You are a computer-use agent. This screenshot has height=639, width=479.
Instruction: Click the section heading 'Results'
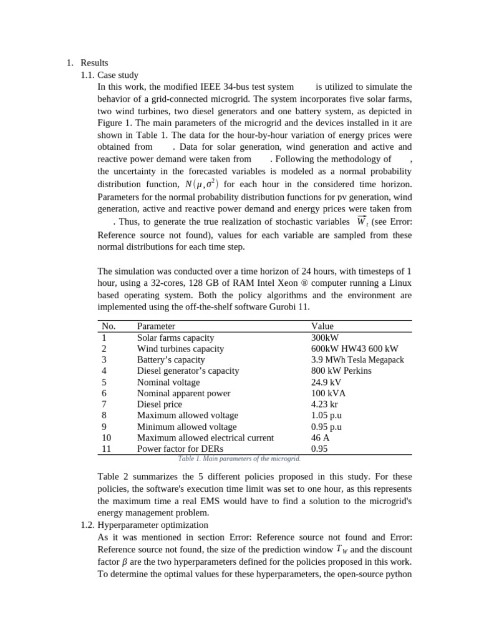94,63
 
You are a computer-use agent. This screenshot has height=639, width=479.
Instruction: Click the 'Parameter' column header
156,326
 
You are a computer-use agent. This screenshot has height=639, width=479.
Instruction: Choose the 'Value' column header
322,326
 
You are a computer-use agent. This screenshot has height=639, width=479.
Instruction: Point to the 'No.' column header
109,326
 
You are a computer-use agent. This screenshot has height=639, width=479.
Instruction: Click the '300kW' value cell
324,338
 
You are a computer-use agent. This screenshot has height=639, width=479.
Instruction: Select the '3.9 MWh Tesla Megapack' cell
357,360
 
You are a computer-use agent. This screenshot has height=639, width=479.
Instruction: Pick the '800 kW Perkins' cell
341,371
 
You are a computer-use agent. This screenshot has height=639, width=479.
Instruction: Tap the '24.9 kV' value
326,382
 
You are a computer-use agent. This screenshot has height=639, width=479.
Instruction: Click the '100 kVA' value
328,393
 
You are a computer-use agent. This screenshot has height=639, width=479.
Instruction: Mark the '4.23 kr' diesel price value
325,404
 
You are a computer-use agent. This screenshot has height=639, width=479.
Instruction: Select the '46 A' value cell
321,438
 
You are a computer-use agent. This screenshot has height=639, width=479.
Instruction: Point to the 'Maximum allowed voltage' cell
187,416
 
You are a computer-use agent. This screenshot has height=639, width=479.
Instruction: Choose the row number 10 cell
106,438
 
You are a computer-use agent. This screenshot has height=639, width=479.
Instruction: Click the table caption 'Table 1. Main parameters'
239,459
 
